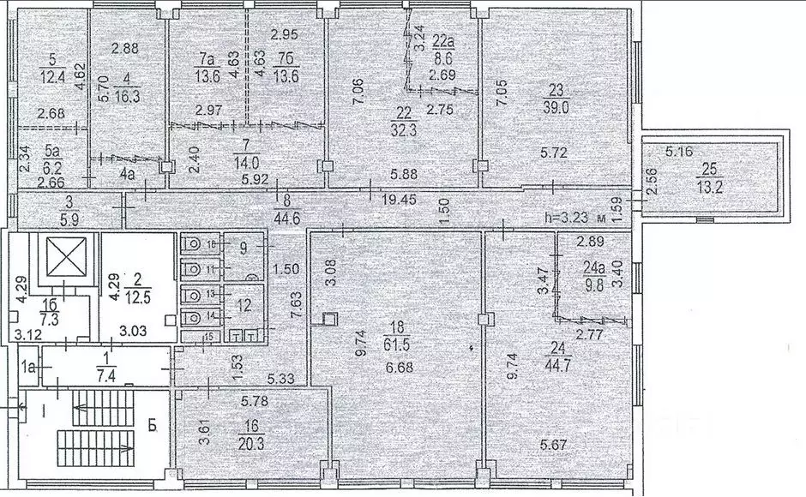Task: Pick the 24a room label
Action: click(592, 266)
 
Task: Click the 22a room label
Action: click(442, 40)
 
